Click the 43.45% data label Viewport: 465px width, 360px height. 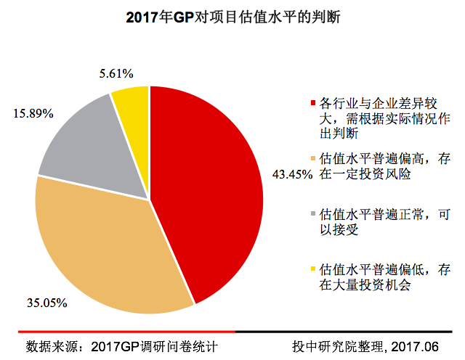[292, 174]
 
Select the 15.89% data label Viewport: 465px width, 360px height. [33, 114]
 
